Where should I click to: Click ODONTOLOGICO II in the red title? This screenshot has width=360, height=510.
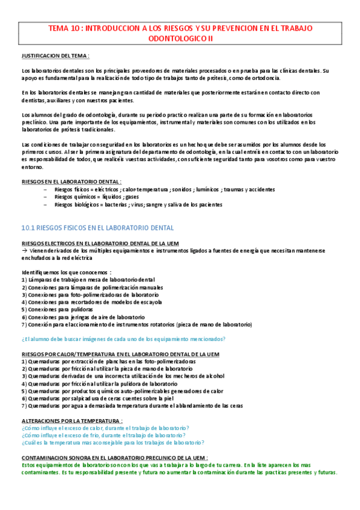tap(180, 38)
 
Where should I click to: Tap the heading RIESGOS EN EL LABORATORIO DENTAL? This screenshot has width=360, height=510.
tap(71, 181)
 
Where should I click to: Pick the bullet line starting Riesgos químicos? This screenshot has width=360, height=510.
tap(96, 197)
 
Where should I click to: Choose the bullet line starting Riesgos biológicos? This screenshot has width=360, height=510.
tap(138, 204)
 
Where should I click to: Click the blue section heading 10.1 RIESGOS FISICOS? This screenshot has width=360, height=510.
tap(97, 228)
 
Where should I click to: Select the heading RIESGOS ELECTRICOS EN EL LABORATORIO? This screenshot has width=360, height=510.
tap(99, 243)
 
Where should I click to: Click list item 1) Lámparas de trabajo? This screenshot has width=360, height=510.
tap(88, 280)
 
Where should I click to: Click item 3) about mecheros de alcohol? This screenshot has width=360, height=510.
tap(123, 376)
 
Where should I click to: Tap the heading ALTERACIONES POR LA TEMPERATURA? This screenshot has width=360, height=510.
tap(72, 420)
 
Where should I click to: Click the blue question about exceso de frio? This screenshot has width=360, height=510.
tap(103, 435)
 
